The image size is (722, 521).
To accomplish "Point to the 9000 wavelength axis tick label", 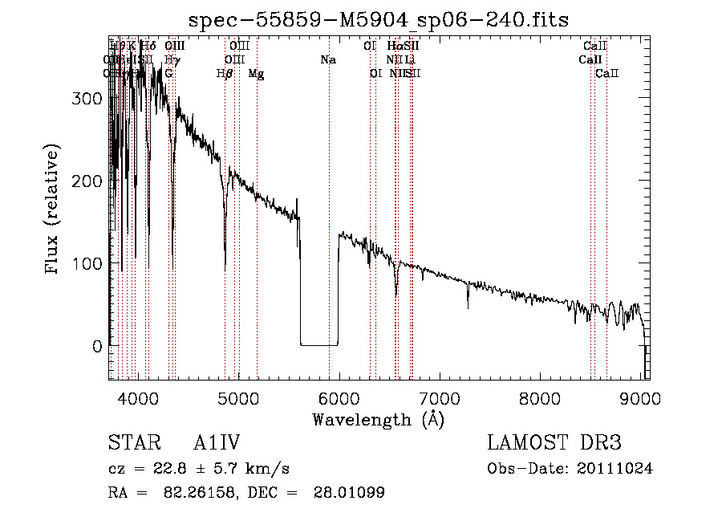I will coord(640,398).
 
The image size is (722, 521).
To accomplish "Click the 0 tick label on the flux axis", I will coord(97,347).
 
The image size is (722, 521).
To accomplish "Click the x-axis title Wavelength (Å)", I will coord(378,420).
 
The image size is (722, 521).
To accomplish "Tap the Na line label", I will coord(328,59).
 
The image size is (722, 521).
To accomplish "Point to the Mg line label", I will coord(257,73).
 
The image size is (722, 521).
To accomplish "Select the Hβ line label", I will coord(225,73).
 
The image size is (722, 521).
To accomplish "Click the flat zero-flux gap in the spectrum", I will coord(318,344).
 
